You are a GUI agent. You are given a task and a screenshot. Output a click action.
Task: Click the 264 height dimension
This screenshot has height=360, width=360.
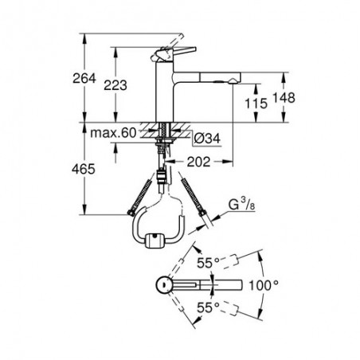tap(84, 78)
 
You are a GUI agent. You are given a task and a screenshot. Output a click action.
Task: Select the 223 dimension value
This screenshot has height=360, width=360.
tap(115, 85)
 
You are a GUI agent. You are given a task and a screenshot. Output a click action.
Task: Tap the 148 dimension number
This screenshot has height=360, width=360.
tap(284, 97)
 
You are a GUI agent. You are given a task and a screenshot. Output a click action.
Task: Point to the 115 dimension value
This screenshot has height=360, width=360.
tap(256, 104)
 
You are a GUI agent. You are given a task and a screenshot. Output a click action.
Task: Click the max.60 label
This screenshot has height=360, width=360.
tap(113, 133)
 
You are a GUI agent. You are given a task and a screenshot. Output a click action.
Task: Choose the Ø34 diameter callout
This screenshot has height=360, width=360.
tap(207, 139)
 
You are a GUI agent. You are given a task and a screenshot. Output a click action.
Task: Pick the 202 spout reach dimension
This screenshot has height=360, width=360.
tap(198, 162)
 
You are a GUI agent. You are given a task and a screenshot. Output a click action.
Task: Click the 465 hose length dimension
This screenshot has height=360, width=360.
tap(84, 169)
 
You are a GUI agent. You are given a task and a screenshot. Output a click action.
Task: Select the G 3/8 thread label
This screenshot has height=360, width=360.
tap(242, 205)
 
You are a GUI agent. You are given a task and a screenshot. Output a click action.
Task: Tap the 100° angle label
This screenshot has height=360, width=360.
tap(264, 285)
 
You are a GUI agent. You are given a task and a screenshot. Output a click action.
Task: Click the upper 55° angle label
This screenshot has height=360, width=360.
tap(208, 263)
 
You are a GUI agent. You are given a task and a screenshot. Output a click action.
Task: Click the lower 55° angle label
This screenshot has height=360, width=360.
tap(208, 308)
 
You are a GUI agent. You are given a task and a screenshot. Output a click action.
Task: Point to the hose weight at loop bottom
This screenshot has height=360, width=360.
tap(155, 241)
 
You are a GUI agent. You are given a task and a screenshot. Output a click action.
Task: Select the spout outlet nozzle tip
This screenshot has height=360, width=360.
tap(232, 81)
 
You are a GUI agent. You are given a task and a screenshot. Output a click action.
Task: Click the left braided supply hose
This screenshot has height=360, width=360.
tap(139, 197)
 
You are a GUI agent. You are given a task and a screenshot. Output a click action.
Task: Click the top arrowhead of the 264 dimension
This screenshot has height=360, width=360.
tap(84, 37)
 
